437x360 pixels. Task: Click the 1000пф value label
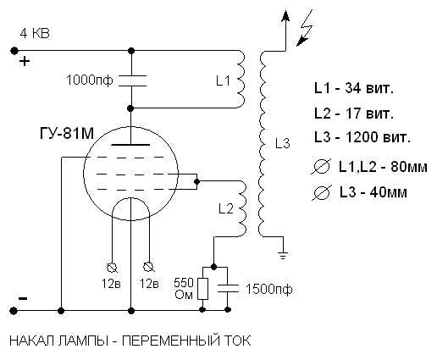[x=89, y=81]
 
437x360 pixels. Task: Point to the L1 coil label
[x=223, y=82]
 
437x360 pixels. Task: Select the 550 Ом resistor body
[x=203, y=289]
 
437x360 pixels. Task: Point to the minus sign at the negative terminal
[x=24, y=298]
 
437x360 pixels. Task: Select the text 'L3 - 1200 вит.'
[x=362, y=136]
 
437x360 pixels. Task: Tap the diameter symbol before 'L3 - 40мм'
[x=321, y=194]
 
